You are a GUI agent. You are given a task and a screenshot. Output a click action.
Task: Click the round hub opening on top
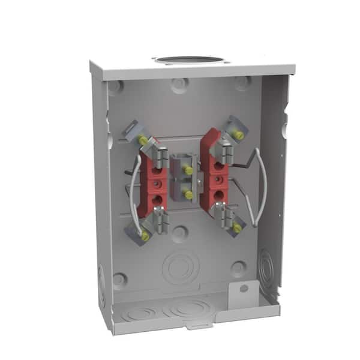pyautogui.click(x=188, y=60)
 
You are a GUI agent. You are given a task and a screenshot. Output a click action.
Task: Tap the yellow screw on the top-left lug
pyautogui.click(x=143, y=140)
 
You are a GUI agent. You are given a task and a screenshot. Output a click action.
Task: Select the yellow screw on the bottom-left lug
pyautogui.click(x=145, y=237)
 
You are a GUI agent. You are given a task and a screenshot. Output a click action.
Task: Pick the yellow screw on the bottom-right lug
pyautogui.click(x=238, y=228)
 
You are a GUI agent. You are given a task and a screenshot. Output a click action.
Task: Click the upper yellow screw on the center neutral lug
pyautogui.click(x=188, y=171)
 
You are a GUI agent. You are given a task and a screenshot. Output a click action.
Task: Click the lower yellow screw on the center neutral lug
pyautogui.click(x=188, y=194)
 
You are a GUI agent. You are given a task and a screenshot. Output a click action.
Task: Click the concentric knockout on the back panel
pyautogui.click(x=181, y=266)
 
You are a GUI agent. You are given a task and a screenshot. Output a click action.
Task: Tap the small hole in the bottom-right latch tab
pyautogui.click(x=243, y=289)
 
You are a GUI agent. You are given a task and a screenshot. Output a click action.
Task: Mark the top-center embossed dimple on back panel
pyautogui.click(x=179, y=85)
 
